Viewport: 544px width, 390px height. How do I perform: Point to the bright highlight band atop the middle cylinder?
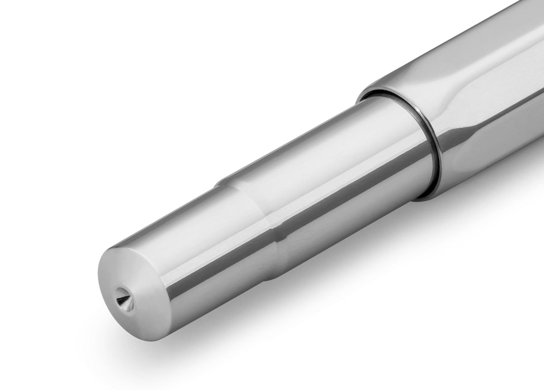pyautogui.click(x=317, y=136)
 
